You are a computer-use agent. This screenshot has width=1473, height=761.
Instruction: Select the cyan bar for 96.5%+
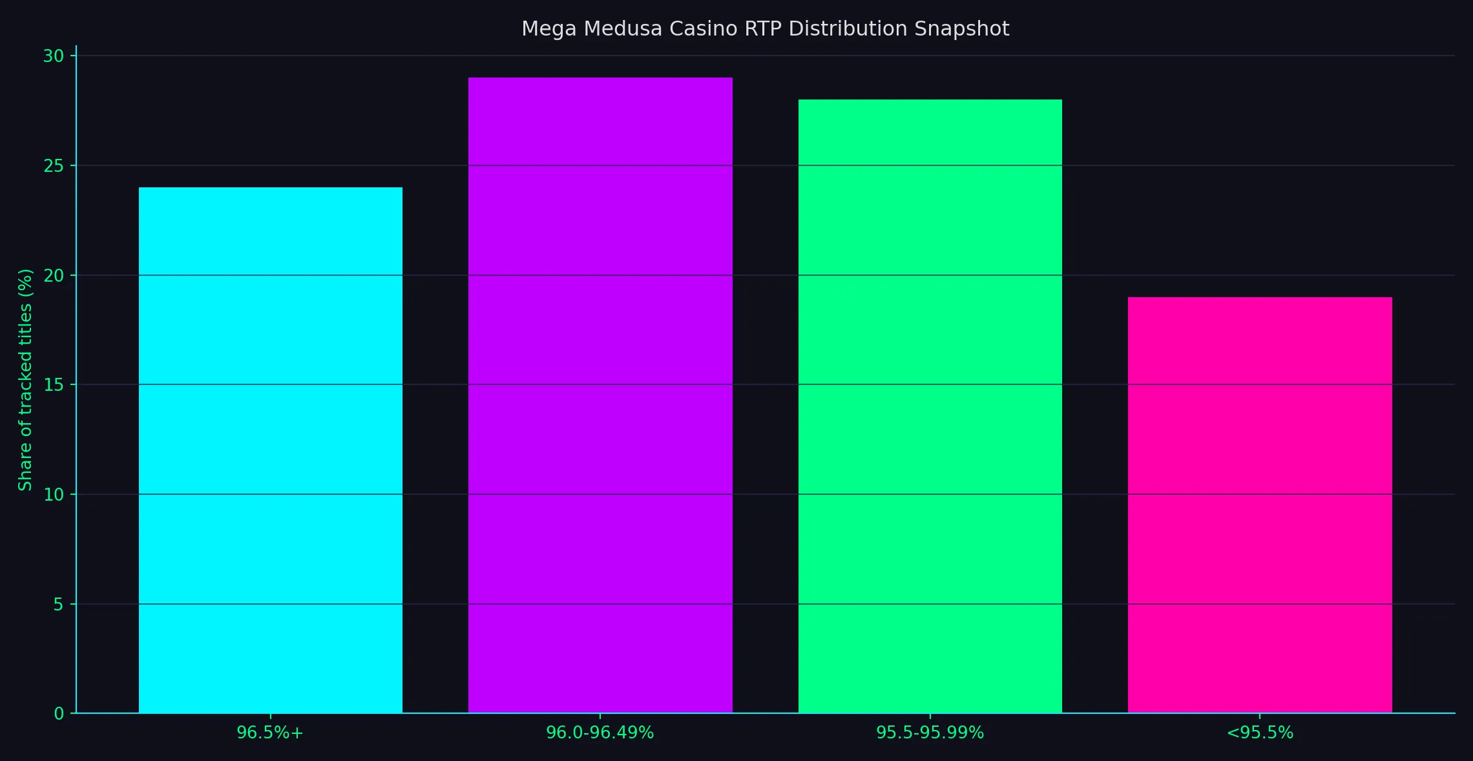click(x=271, y=450)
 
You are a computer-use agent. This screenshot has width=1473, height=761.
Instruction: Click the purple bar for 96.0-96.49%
click(x=600, y=395)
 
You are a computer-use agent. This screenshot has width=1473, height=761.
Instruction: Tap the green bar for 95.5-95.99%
click(x=930, y=406)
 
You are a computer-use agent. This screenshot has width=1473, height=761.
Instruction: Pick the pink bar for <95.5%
click(x=1260, y=505)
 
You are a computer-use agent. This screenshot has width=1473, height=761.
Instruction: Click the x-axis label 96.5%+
click(x=270, y=733)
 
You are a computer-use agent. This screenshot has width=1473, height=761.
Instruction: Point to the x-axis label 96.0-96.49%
click(x=600, y=733)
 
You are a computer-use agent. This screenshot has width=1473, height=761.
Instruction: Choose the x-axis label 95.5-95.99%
click(x=930, y=733)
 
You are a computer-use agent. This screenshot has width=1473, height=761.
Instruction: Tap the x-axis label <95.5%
click(x=1260, y=733)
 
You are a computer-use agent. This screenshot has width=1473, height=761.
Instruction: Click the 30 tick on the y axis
click(x=54, y=56)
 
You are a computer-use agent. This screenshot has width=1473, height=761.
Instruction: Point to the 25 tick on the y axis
click(x=54, y=166)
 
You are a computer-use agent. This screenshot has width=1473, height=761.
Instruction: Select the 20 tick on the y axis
click(x=54, y=276)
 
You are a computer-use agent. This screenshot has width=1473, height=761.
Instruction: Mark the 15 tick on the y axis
click(x=54, y=385)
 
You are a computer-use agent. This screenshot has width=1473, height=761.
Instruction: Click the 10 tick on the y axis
click(x=54, y=495)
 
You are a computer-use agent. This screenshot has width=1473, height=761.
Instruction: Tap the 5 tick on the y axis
click(x=59, y=605)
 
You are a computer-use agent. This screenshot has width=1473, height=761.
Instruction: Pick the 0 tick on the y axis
click(x=59, y=714)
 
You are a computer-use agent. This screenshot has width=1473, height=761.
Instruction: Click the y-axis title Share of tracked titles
click(x=25, y=380)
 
